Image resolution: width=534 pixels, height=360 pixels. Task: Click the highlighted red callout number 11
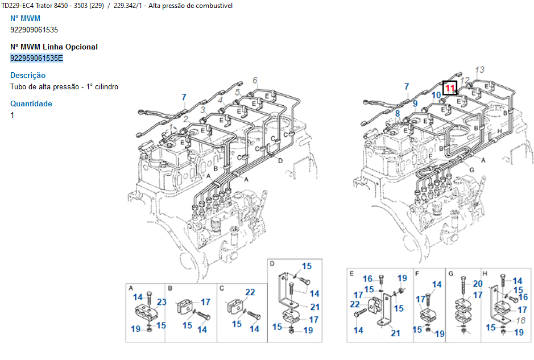click(x=450, y=88)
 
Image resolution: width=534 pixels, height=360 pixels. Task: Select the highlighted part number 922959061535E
click(x=37, y=58)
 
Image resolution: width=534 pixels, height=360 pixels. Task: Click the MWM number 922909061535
click(x=34, y=30)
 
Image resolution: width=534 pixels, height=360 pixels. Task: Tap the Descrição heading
click(x=28, y=75)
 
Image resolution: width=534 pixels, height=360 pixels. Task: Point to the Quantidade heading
click(x=31, y=104)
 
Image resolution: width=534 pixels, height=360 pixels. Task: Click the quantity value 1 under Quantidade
click(x=13, y=115)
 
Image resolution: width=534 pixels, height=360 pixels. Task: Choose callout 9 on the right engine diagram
click(x=416, y=104)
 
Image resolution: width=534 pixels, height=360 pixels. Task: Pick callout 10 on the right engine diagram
click(x=436, y=96)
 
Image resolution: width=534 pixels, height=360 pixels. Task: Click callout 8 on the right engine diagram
click(x=398, y=114)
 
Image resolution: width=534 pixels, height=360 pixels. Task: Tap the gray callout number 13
click(x=479, y=69)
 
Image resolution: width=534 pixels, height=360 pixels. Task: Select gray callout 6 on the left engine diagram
click(x=255, y=80)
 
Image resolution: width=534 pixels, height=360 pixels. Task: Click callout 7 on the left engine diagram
click(x=184, y=97)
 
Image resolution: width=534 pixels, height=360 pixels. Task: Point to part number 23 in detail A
click(x=162, y=302)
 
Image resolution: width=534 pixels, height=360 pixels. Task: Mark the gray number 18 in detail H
click(x=519, y=320)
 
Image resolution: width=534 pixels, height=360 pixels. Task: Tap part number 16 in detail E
click(x=368, y=279)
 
